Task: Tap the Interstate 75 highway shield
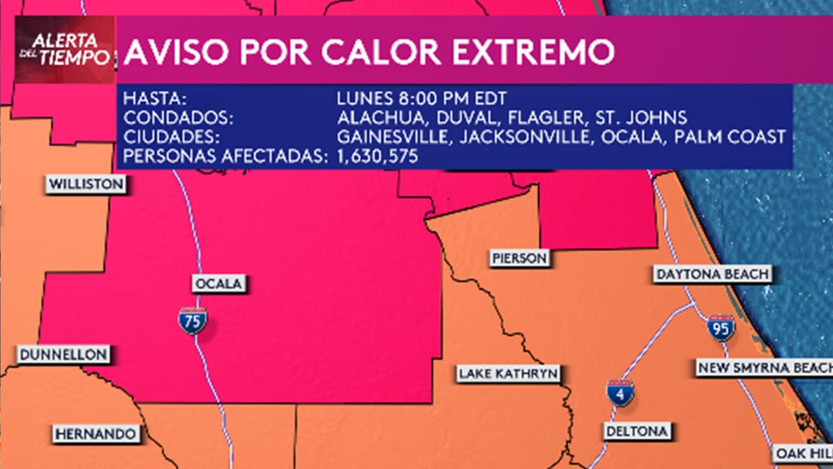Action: pos(193,321)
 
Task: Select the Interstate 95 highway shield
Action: pos(721,328)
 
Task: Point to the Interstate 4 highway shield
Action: pos(620,393)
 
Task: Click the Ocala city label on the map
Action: pos(218,284)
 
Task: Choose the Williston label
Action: pos(86,184)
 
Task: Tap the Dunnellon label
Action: pos(63,355)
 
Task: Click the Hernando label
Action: pos(96,434)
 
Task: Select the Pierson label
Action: pos(519,259)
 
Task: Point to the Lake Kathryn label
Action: pos(508,374)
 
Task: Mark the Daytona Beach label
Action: pos(713,274)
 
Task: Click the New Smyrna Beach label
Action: pos(764,368)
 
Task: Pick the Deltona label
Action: pos(637,431)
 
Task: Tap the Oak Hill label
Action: pos(803,453)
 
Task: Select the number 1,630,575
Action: pos(377,156)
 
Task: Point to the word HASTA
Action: pos(156,100)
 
